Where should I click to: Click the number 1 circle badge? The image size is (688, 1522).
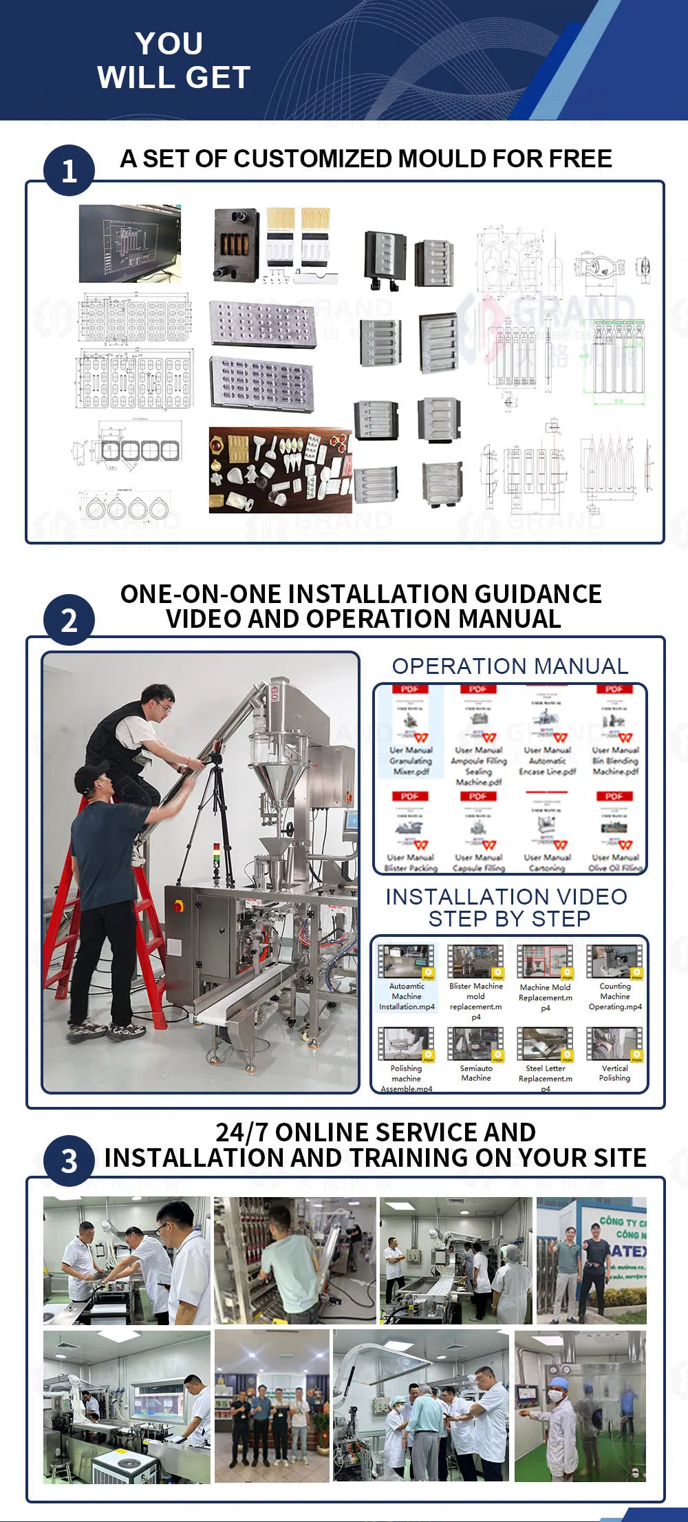coord(69,171)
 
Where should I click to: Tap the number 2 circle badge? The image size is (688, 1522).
coord(69,620)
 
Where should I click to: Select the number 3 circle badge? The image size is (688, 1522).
coord(69,1161)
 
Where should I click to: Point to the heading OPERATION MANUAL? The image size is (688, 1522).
coord(510,666)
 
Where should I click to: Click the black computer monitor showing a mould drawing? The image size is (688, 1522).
coord(129,243)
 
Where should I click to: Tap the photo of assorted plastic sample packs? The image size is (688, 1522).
coord(280,470)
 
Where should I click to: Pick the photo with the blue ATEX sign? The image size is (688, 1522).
coord(591,1260)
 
